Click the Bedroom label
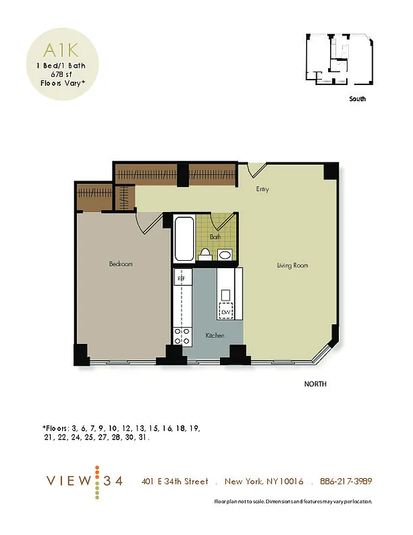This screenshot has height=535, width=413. click(x=121, y=264)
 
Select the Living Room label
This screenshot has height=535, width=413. click(x=292, y=265)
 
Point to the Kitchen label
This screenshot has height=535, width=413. click(x=215, y=335)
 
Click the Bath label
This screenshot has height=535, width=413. click(x=215, y=237)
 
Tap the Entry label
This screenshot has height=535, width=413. click(x=262, y=189)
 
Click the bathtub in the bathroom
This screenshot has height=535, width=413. click(x=183, y=239)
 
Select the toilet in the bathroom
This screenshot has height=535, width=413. click(x=206, y=254)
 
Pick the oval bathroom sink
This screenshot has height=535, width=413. click(x=225, y=255)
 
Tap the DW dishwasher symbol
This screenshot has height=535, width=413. click(x=226, y=311)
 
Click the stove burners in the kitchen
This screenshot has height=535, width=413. click(x=180, y=336)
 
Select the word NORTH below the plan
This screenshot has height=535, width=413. click(x=315, y=385)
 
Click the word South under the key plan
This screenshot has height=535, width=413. click(x=358, y=99)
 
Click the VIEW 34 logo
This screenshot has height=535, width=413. click(x=84, y=481)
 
